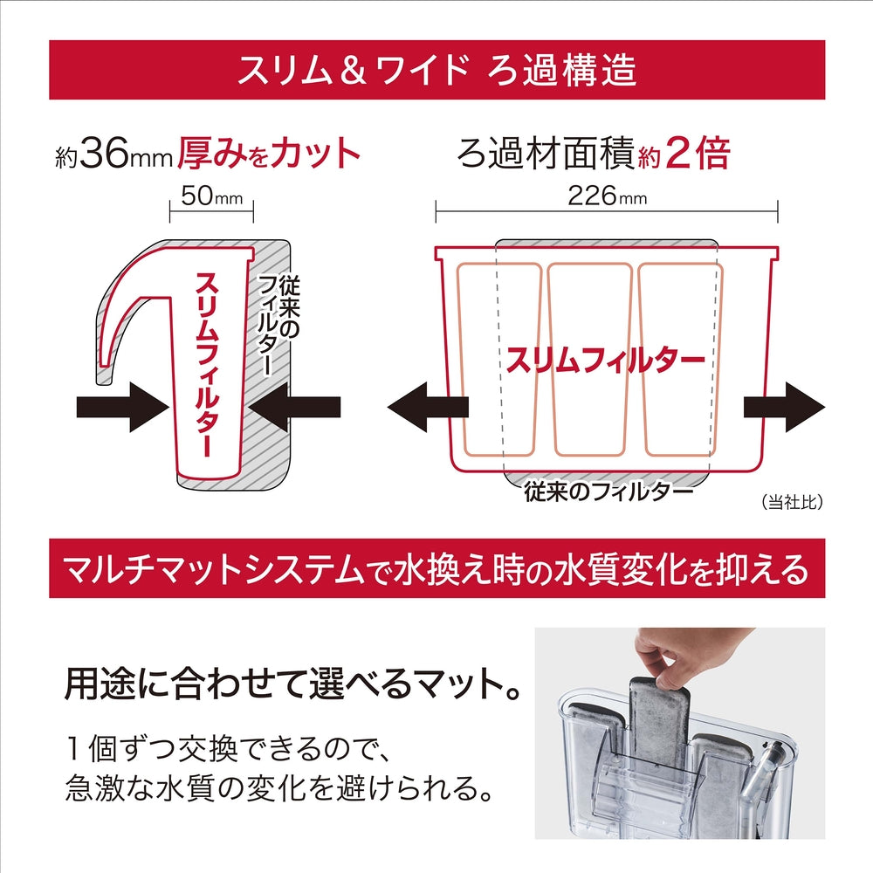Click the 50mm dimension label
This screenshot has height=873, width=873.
pyautogui.click(x=212, y=196)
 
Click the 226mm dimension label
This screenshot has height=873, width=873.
pyautogui.click(x=607, y=196)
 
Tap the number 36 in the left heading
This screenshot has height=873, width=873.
pyautogui.click(x=105, y=154)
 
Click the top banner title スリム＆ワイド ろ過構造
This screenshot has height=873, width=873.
pyautogui.click(x=437, y=71)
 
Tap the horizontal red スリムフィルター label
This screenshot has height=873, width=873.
pyautogui.click(x=606, y=361)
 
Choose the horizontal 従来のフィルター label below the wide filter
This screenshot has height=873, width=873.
pyautogui.click(x=608, y=491)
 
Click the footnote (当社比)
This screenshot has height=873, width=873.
pyautogui.click(x=792, y=502)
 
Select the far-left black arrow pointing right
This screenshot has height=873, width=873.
pyautogui.click(x=122, y=407)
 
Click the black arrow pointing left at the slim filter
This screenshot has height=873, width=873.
pyautogui.click(x=295, y=407)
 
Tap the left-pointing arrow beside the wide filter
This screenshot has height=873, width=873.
pyautogui.click(x=428, y=407)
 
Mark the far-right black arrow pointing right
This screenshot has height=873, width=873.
pyautogui.click(x=784, y=407)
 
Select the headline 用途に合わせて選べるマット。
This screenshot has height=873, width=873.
pyautogui.click(x=292, y=684)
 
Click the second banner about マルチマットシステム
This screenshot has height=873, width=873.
pyautogui.click(x=437, y=568)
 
